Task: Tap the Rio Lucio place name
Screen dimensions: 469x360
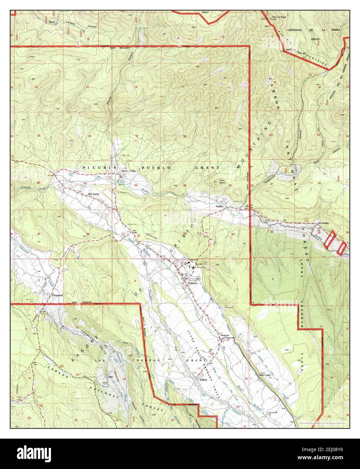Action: click(x=94, y=194)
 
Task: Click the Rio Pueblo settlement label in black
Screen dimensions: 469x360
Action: click(x=323, y=223)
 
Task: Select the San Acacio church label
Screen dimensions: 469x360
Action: click(x=273, y=413)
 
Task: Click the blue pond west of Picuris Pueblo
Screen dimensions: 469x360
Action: click(x=70, y=175)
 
